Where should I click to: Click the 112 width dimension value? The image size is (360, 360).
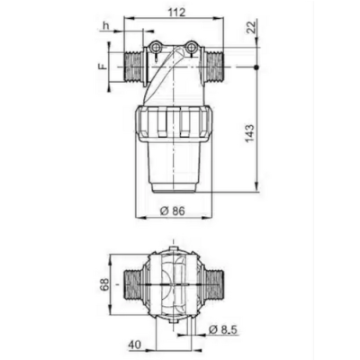[x=176, y=12]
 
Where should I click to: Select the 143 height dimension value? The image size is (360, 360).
[x=249, y=132]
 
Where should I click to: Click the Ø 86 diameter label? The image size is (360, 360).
[x=173, y=211]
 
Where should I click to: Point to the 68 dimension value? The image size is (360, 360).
[x=104, y=284]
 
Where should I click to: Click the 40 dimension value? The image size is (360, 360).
[x=135, y=345]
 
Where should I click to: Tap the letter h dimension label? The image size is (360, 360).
[x=106, y=26]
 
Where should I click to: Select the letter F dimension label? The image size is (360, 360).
[x=103, y=67]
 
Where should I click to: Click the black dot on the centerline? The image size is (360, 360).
[x=256, y=67]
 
